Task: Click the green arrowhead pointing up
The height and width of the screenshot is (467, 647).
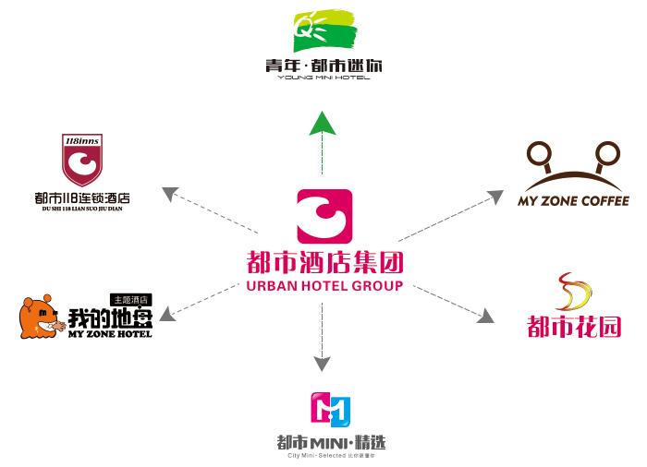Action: pos(322,122)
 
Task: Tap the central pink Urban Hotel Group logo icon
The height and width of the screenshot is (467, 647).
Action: pos(323,217)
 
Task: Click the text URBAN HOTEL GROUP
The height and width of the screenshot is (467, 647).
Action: pos(324,286)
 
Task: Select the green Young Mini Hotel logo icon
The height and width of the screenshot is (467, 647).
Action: pos(323,30)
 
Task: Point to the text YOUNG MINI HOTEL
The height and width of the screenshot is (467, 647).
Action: pos(323,78)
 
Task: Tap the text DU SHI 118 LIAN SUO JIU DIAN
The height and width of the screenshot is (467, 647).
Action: pos(81,209)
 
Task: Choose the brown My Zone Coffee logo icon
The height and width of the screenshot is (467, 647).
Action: pos(572,163)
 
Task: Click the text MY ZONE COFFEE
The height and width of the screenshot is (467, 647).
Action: pos(573,201)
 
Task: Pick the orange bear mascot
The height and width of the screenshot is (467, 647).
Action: pos(42,317)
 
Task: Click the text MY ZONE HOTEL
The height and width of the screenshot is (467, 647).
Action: pos(110,333)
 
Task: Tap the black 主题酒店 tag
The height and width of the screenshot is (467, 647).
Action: pos(130,299)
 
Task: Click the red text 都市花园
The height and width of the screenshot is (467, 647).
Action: pos(574,326)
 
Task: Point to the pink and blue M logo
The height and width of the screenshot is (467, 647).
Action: pos(330,408)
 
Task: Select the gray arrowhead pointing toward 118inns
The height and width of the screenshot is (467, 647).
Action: pos(169,193)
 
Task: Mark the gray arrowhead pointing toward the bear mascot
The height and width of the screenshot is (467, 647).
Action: pos(167,316)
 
